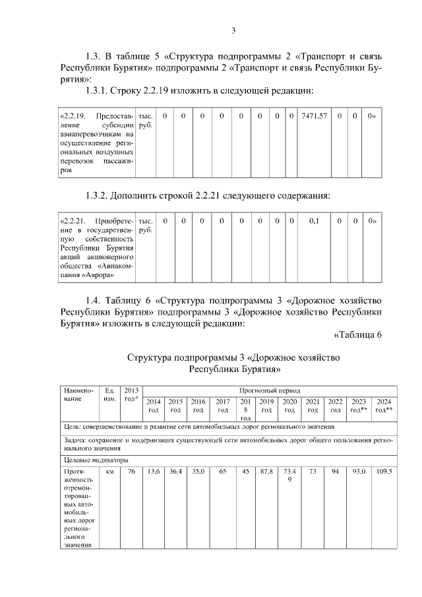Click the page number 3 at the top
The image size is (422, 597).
[x=233, y=30]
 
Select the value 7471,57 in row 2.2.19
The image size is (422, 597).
[x=314, y=116]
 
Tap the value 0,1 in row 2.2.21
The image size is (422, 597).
[x=314, y=222]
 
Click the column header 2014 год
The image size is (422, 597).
[x=153, y=405]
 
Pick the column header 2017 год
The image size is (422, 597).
[x=223, y=405]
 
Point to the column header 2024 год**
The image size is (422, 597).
[x=384, y=405]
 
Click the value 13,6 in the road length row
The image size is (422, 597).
[x=153, y=472]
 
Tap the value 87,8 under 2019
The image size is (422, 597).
[x=266, y=472]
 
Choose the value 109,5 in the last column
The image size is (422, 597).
[x=384, y=472]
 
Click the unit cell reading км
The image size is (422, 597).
[x=109, y=472]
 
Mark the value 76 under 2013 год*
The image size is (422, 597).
[x=131, y=472]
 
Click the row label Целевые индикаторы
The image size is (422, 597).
[x=86, y=460]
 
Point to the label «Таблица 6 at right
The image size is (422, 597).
[x=358, y=335]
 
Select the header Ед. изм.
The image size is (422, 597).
[x=110, y=394]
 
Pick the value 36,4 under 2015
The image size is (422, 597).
[x=175, y=472]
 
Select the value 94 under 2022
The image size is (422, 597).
[x=335, y=472]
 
